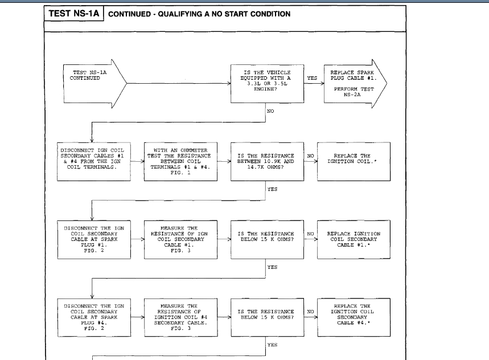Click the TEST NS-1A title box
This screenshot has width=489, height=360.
(x=73, y=14)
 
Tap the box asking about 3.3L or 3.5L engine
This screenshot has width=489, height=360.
(x=266, y=83)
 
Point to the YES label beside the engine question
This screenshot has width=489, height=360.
(x=312, y=78)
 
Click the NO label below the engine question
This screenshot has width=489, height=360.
(x=270, y=111)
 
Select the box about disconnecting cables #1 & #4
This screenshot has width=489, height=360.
(x=92, y=161)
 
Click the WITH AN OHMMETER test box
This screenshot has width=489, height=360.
(x=182, y=161)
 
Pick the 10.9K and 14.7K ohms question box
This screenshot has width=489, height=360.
(x=266, y=161)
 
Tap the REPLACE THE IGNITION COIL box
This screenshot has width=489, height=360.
(x=352, y=161)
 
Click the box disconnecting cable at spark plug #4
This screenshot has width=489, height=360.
(x=92, y=317)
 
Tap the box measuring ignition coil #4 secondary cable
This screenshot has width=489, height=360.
(x=182, y=317)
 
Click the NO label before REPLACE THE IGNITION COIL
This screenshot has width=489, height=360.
(x=310, y=156)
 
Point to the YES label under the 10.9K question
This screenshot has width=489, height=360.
(x=272, y=189)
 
